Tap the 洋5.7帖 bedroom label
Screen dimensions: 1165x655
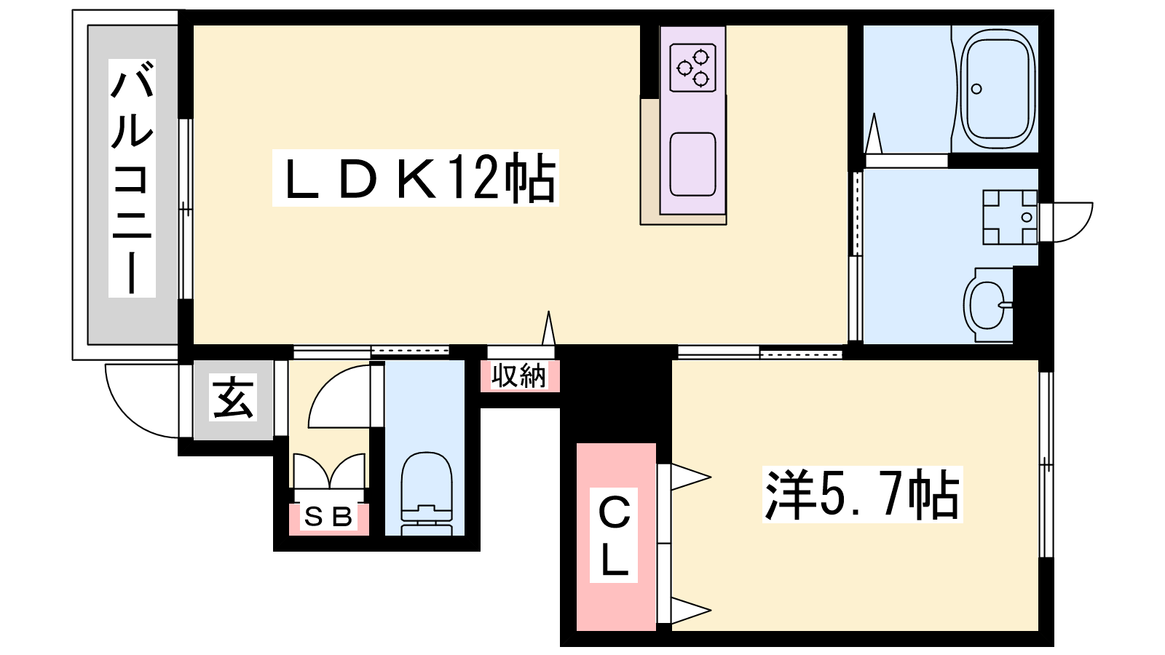pos(862,494)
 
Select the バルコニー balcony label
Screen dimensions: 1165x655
pos(132,178)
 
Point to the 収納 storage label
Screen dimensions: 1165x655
pos(520,376)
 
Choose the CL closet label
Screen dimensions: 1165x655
pos(615,536)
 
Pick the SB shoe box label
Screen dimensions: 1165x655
pos(328,517)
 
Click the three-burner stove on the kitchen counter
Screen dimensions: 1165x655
pos(693,68)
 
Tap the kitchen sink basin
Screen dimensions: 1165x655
pos(692,164)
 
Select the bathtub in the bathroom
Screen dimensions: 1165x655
pos(996,90)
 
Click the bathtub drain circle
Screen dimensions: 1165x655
pos(976,89)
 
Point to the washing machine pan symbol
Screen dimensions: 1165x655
pos(1009,218)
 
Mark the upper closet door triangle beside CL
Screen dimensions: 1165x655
pos(690,477)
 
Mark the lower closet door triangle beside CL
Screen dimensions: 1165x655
pos(690,610)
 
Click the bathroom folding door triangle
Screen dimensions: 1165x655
pos(874,133)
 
